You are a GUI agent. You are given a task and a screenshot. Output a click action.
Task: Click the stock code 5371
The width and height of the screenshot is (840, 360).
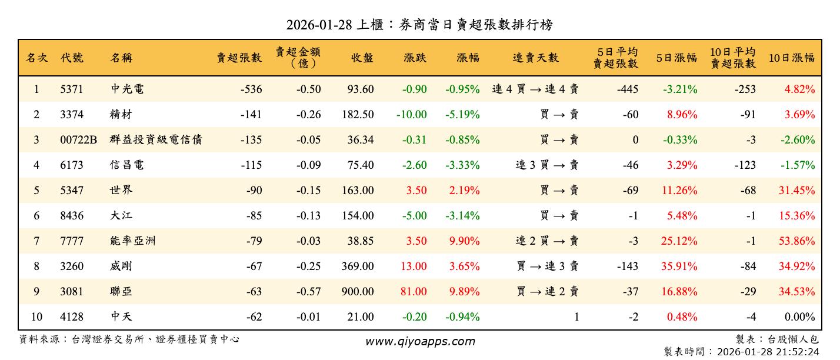tap(72, 89)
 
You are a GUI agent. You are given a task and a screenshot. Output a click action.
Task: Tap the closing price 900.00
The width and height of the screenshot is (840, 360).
tap(358, 291)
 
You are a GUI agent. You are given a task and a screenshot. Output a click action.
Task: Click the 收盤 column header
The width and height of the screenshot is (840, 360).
tap(362, 58)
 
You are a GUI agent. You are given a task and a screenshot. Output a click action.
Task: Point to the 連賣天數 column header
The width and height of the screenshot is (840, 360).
tap(535, 58)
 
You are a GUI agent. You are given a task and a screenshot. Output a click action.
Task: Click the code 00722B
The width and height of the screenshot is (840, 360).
tap(78, 140)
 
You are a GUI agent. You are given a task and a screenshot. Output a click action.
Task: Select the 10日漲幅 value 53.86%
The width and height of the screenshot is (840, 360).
tap(799, 241)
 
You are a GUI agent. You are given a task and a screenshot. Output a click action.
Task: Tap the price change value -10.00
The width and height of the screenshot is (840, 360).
tap(411, 115)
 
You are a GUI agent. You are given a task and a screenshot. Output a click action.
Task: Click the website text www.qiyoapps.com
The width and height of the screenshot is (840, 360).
tap(419, 341)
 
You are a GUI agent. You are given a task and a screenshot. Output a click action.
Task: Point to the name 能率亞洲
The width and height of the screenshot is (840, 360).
tap(132, 241)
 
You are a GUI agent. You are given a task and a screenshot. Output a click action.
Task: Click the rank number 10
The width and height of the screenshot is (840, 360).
tap(36, 316)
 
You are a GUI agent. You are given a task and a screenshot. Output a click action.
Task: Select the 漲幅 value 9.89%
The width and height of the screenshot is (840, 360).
tap(464, 291)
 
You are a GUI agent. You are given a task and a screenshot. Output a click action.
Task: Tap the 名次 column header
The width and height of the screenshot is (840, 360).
tap(36, 58)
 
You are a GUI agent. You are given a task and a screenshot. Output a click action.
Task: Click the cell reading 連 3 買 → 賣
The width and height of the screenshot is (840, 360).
tap(546, 165)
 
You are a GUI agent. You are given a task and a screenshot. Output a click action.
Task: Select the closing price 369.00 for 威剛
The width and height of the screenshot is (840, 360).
tap(358, 266)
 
